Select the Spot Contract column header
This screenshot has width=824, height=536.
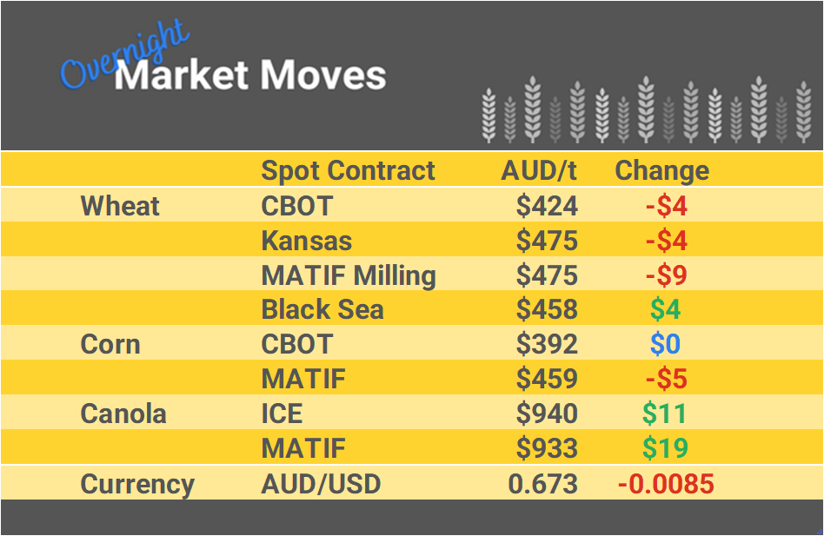(348, 170)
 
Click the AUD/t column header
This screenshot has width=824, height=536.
(539, 170)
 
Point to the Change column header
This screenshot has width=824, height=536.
(661, 170)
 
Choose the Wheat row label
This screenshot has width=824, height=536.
(120, 206)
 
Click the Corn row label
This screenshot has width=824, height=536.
(110, 344)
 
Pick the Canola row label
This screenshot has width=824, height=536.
(123, 414)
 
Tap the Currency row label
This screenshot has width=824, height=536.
(137, 484)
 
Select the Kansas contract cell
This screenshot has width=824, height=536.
(307, 241)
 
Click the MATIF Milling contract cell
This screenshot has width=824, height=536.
(349, 275)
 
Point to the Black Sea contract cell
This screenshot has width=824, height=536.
(322, 309)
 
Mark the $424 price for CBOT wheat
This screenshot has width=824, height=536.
(547, 206)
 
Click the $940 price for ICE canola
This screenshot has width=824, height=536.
(547, 414)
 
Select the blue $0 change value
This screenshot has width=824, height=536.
(665, 344)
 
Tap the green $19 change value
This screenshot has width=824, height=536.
(665, 448)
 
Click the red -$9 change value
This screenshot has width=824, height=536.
(666, 275)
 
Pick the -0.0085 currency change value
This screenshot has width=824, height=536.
(666, 484)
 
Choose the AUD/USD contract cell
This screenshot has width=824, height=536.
(321, 484)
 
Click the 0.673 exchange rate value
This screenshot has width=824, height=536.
(543, 484)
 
